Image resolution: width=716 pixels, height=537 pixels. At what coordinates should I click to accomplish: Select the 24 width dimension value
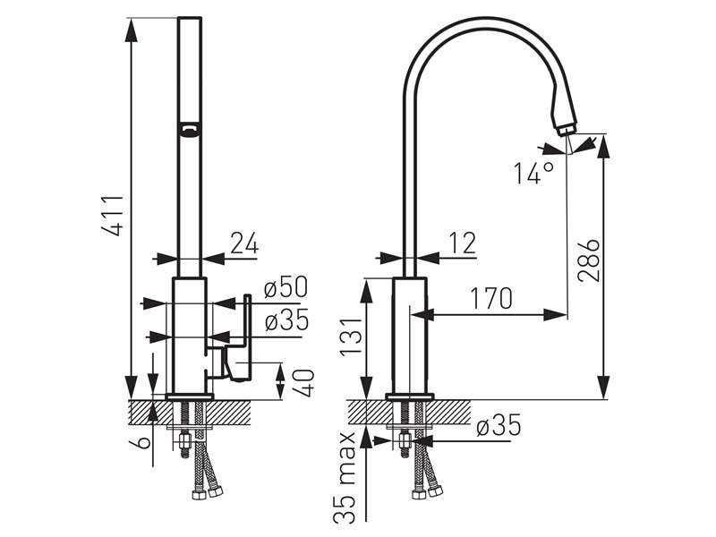point(244,243)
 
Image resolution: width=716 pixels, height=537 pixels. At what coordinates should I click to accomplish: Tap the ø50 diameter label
point(286,287)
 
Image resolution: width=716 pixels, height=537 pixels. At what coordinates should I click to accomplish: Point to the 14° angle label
point(533,173)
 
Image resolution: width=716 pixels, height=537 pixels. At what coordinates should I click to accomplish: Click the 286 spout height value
point(589,260)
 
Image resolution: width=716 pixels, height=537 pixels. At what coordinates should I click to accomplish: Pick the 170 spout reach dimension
point(491,298)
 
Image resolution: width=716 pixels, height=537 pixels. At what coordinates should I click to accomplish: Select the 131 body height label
point(353,337)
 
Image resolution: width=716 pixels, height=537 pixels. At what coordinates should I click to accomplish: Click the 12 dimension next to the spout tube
point(463,243)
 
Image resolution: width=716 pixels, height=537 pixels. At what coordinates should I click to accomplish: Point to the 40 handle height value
point(303,383)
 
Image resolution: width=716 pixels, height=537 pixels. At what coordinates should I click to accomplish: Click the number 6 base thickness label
point(144,442)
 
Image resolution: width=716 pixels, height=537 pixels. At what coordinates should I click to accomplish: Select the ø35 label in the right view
point(499,425)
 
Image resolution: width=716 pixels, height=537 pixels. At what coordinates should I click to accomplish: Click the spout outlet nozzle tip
point(567,129)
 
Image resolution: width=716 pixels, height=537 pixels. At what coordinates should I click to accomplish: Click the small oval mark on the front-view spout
point(189,129)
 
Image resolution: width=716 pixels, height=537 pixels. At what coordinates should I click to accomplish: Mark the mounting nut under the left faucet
point(185,441)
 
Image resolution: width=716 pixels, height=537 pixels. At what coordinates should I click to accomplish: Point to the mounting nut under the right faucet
point(405,441)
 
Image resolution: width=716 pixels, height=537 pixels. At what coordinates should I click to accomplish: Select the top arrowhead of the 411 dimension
point(132,30)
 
